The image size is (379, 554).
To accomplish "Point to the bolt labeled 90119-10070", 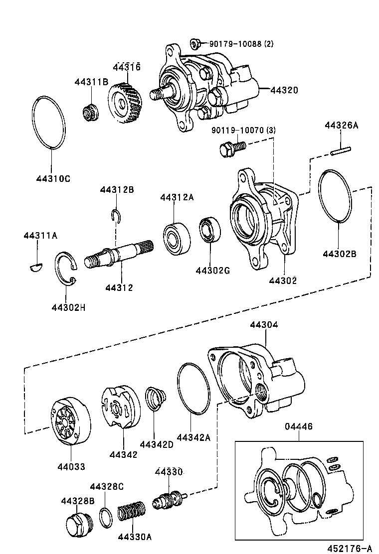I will click(x=232, y=147).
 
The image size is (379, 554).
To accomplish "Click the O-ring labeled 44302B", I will click(x=335, y=196).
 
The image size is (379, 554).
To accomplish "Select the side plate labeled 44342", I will click(x=120, y=409).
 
